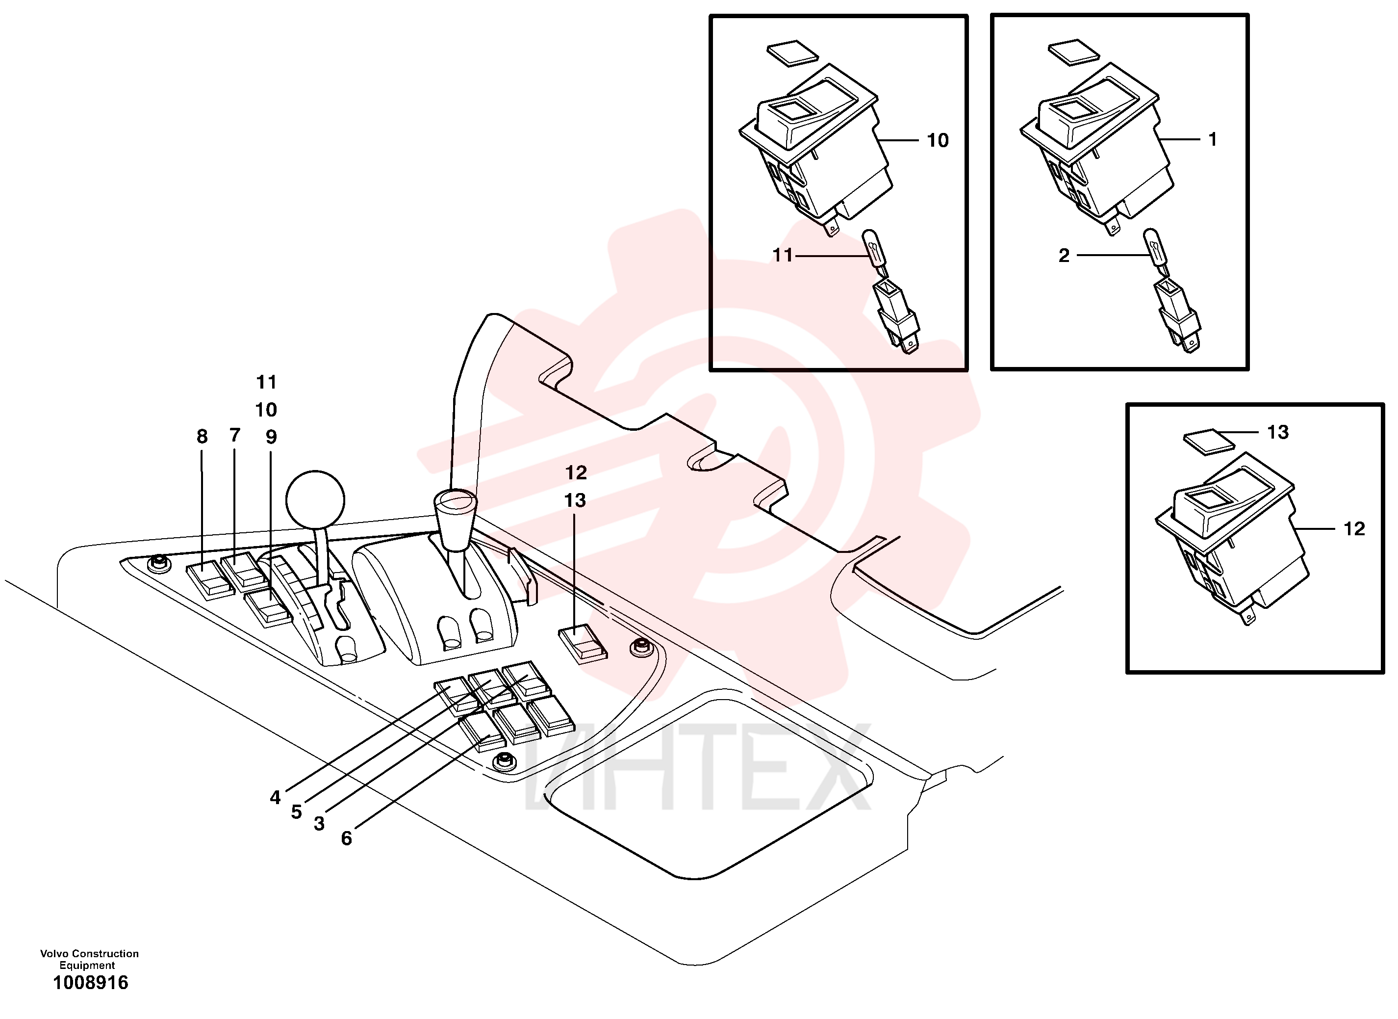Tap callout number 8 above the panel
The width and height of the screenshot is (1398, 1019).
(202, 437)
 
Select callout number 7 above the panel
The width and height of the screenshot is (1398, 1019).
(235, 436)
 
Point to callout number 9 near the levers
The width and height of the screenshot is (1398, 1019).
(271, 437)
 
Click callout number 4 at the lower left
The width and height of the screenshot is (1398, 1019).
(275, 798)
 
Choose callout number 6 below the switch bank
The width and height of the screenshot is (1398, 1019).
(346, 838)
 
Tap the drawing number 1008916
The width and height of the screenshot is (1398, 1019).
(91, 983)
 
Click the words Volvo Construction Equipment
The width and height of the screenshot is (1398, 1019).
(89, 959)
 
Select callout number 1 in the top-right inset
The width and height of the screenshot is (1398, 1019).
(1213, 139)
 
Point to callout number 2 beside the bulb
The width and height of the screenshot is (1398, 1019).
(1064, 256)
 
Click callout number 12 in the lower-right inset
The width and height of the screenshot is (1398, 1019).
(1354, 528)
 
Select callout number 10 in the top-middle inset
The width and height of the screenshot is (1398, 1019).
(938, 141)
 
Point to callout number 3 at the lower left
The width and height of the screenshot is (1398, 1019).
(319, 823)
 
